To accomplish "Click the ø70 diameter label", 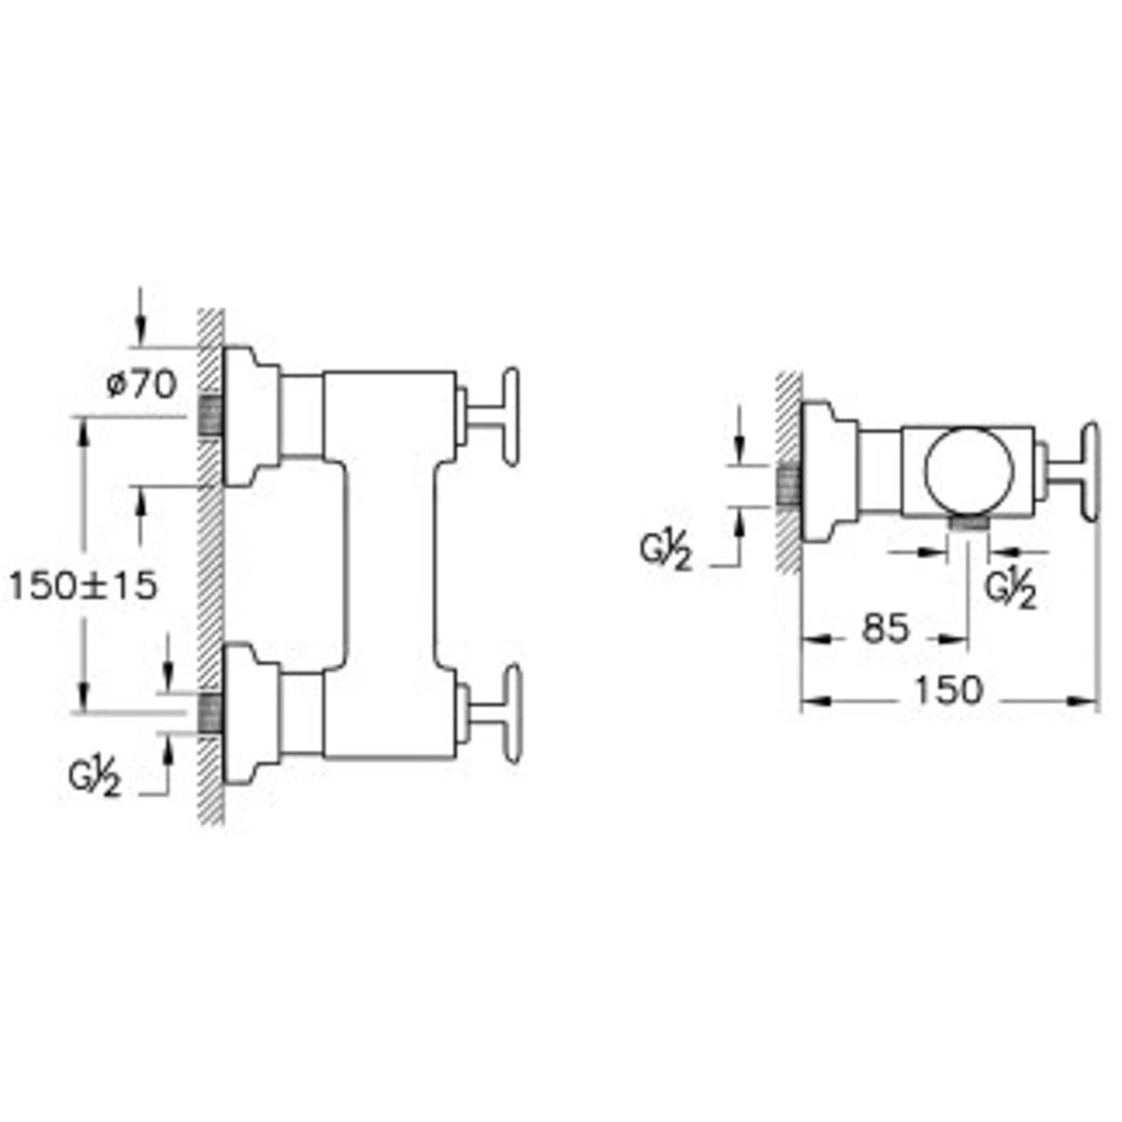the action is click(x=141, y=385).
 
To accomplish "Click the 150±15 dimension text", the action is click(x=83, y=585).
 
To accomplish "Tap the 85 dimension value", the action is click(x=885, y=629).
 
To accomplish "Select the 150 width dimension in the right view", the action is click(x=948, y=691).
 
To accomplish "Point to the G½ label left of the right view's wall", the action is click(x=666, y=553).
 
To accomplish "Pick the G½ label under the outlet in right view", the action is click(x=1010, y=591).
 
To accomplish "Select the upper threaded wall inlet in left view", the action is click(x=210, y=416).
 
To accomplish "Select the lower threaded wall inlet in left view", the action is click(x=210, y=713).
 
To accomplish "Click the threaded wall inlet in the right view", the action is click(x=788, y=485).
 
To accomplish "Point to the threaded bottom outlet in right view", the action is click(x=969, y=524).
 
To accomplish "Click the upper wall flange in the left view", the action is click(x=251, y=416).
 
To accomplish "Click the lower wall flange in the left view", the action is click(x=251, y=713).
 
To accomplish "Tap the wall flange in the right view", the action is click(x=829, y=470).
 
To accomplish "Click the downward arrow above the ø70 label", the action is click(x=139, y=316).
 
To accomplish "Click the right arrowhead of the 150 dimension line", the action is click(x=1084, y=700).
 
